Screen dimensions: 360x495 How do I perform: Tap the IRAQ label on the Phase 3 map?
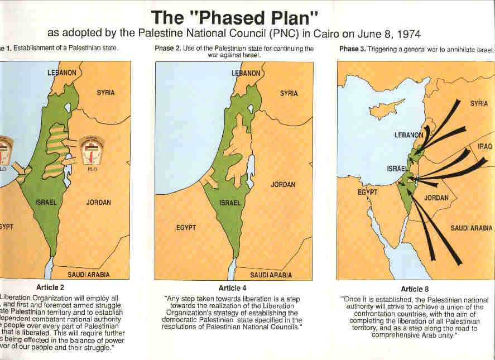tap(484, 146)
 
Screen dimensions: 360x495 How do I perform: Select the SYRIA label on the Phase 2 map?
tap(289, 93)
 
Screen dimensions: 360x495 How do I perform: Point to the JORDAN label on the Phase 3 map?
tap(436, 198)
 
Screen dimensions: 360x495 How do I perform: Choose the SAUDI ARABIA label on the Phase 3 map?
tap(471, 228)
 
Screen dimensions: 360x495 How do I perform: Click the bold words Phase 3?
tap(353, 49)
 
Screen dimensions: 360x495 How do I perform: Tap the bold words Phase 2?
tap(169, 49)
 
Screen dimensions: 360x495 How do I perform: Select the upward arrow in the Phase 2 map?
tap(239, 123)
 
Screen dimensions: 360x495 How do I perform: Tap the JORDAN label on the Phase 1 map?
tap(98, 203)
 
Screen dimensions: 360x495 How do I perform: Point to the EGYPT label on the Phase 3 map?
tap(368, 192)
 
